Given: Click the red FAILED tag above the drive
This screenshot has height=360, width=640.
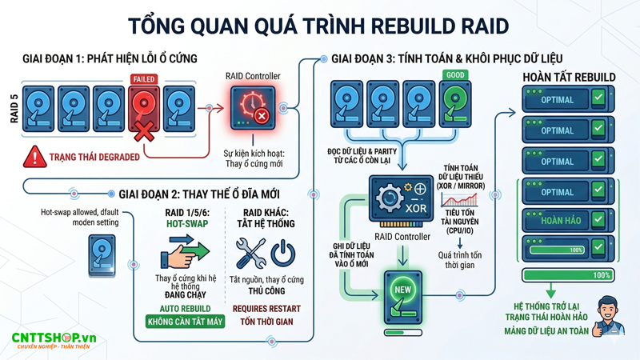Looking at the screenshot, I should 144,79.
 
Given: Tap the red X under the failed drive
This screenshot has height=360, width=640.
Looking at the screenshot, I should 144,131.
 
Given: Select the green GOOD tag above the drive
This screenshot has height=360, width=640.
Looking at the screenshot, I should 454,75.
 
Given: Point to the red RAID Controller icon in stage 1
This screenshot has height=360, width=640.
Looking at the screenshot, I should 252,108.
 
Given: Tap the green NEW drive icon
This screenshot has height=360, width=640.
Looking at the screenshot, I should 403,296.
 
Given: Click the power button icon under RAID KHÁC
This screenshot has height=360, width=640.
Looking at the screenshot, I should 283,254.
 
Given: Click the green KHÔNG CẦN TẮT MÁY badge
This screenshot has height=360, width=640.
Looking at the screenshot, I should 186,322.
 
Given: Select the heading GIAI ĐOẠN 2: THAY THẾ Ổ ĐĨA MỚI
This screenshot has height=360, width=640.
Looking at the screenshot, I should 210,194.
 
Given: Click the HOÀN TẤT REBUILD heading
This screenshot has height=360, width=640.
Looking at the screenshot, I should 569,78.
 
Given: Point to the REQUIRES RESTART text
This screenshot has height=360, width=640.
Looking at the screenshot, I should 267,309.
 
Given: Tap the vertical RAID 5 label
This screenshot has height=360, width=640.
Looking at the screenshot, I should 14,108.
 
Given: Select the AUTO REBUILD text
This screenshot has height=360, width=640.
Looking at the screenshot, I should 185,309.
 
